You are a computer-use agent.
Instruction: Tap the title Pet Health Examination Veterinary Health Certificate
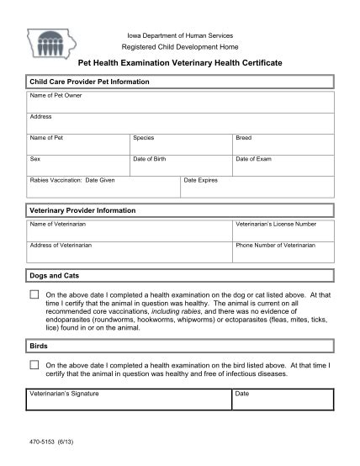point(180,64)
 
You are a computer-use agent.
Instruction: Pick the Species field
point(181,145)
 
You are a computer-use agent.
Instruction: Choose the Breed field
point(283,145)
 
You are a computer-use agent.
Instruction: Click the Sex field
point(78,166)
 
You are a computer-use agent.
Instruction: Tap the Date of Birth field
point(181,166)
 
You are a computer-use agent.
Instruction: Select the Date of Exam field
point(283,166)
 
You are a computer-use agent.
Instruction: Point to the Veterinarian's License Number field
point(283,231)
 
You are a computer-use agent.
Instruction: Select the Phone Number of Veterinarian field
point(283,252)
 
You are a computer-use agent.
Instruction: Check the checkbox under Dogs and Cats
point(34,295)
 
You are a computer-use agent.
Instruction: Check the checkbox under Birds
point(34,365)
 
